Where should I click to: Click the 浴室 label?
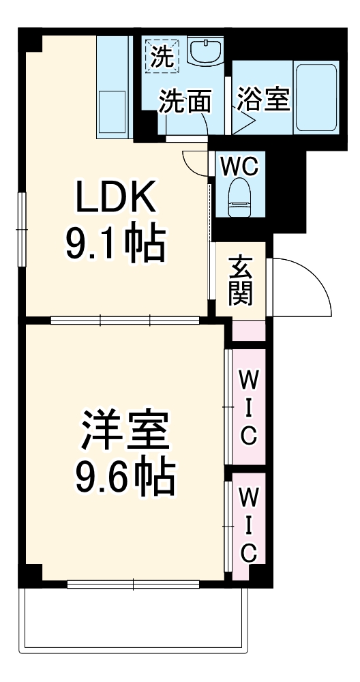(264, 100)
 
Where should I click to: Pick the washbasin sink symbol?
(205, 51)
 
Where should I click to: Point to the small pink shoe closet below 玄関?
(247, 330)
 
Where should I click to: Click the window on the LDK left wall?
(22, 228)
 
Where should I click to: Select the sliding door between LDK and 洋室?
(125, 318)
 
